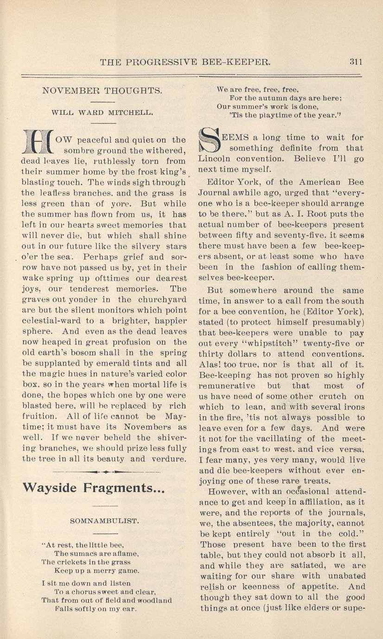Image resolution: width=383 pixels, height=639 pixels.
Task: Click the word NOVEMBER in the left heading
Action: [x=65, y=91]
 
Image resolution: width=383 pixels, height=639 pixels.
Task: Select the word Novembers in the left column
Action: [x=156, y=427]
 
